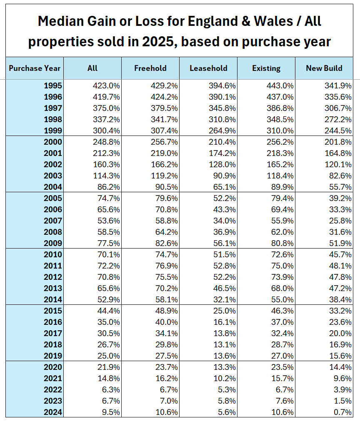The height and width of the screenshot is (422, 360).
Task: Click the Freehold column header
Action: point(150,68)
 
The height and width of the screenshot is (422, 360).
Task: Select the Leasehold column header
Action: point(208,68)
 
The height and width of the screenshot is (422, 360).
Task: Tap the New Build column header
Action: point(324,68)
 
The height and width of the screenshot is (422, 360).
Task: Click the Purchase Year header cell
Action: point(35,68)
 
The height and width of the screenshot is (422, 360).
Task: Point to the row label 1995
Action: point(53,86)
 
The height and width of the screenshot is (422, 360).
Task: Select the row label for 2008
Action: point(53,232)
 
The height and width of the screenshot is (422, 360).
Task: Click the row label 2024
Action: point(53,412)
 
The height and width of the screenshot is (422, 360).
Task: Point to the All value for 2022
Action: point(110,390)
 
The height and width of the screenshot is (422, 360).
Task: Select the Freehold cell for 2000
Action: point(165,142)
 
